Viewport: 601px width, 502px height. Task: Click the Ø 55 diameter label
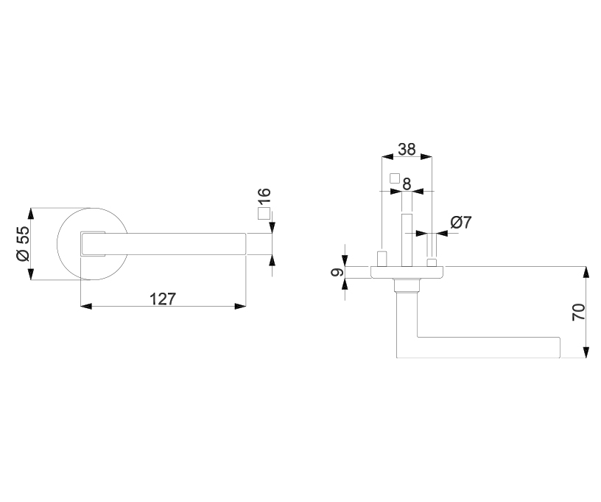23,243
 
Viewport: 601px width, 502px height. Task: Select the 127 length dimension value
163,299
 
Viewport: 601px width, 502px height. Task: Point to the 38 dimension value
407,149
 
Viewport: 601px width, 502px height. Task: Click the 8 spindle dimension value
407,184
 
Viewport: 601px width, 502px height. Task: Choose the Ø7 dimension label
461,223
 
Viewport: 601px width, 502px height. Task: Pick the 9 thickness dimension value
337,272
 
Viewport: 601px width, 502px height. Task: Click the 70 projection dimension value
578,312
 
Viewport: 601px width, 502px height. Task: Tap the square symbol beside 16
264,213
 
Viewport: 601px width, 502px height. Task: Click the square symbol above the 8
395,178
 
